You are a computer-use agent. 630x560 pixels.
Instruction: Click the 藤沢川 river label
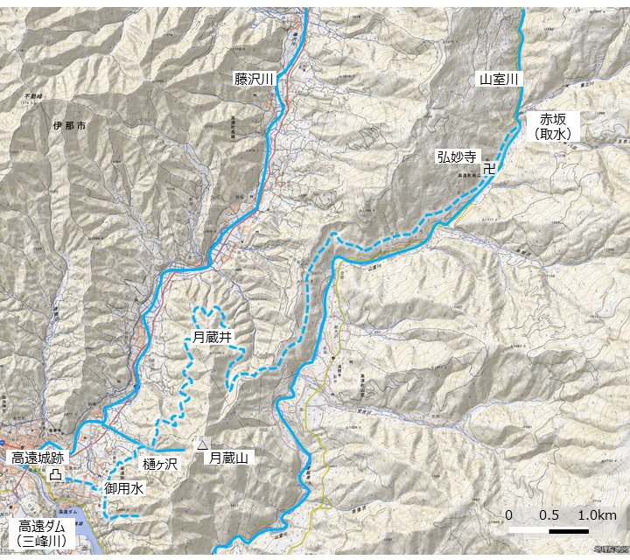tap(254, 80)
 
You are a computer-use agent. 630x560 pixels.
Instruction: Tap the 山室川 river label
tap(499, 80)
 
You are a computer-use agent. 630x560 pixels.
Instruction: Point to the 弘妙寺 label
tap(457, 157)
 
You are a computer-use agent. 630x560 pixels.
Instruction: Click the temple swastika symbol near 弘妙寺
tap(489, 167)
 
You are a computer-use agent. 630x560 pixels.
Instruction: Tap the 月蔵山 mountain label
tap(230, 458)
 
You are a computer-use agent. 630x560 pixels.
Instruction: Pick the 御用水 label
tap(124, 488)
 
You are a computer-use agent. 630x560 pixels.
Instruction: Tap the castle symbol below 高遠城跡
tap(55, 474)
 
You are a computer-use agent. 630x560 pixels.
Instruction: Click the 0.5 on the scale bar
tap(549, 514)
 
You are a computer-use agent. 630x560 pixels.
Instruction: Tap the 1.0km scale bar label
tap(597, 514)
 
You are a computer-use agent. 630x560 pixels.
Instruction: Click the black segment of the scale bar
tap(568, 530)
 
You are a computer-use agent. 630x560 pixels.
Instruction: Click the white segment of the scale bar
tap(528, 530)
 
